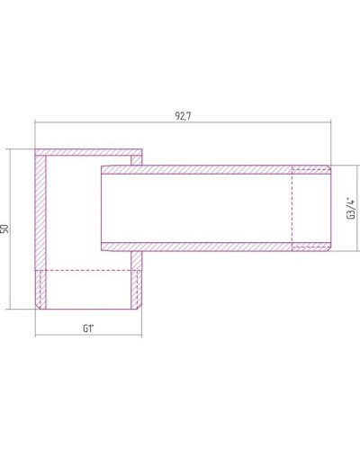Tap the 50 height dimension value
[6, 230]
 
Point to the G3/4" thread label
[350, 209]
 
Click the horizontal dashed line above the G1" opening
[88, 270]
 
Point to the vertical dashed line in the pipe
[293, 207]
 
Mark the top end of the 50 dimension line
[13, 148]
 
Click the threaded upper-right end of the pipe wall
[311, 168]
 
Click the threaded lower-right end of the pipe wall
[311, 247]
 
